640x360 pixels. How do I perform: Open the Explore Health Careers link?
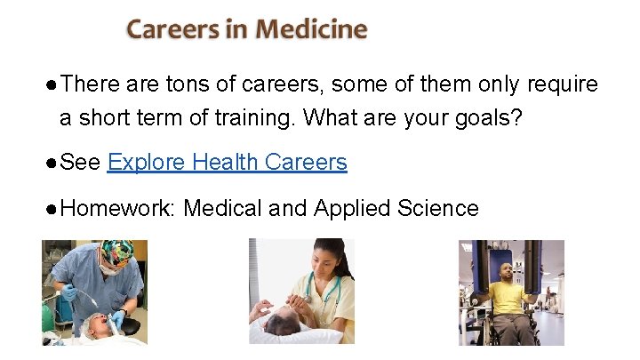point(227,162)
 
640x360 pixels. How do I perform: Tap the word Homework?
point(118,209)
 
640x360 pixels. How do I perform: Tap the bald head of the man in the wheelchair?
point(507,268)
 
